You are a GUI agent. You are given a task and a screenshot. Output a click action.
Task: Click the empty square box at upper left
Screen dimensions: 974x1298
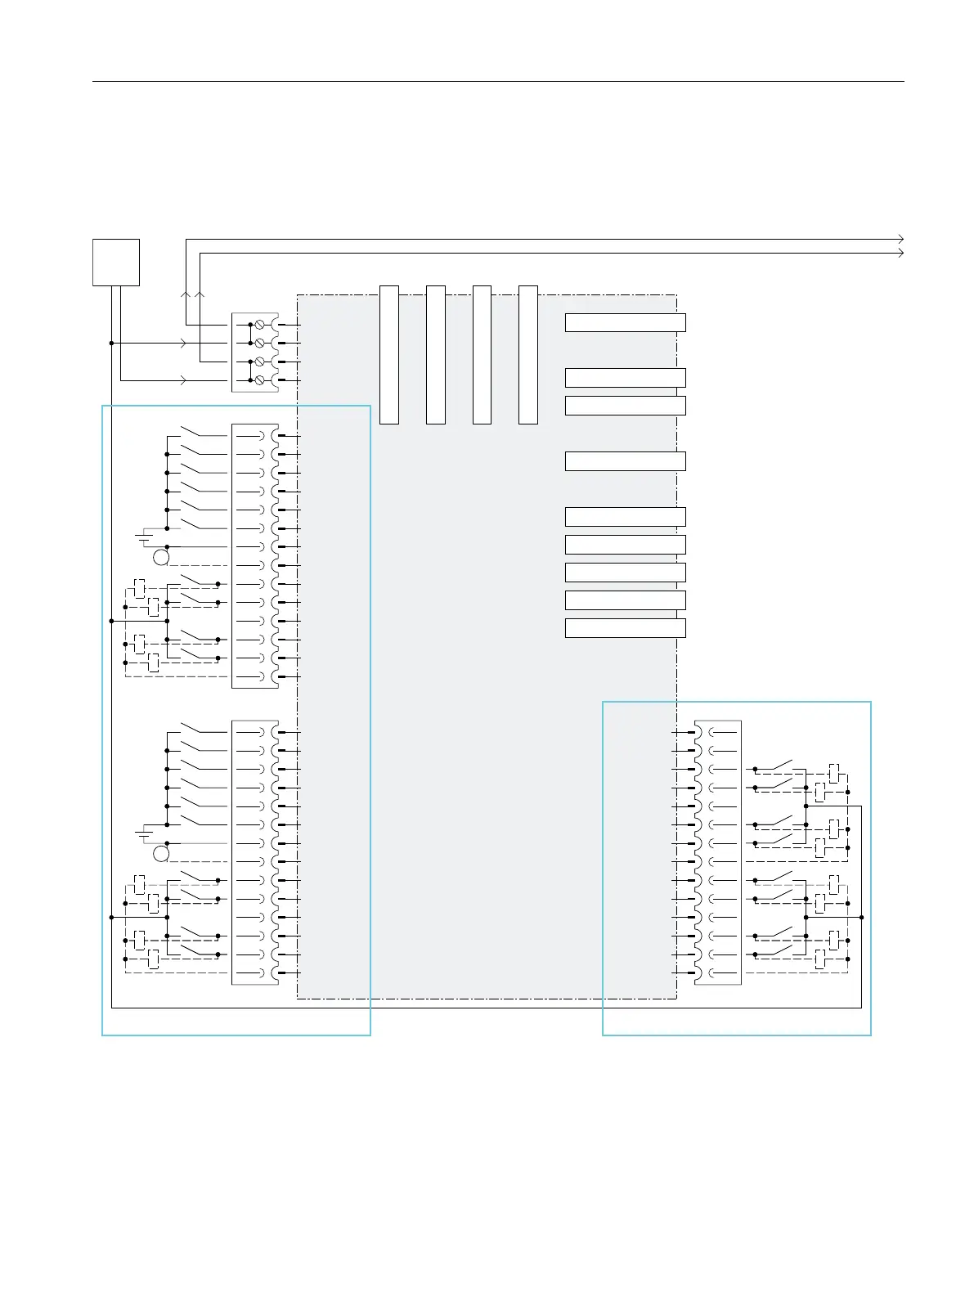116,262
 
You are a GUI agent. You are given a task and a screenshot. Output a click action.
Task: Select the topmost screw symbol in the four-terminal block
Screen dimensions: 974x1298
260,325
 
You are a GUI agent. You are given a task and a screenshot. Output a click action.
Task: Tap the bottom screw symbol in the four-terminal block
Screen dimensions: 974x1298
260,380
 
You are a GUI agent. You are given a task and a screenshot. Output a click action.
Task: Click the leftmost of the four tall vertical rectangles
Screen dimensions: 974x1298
389,355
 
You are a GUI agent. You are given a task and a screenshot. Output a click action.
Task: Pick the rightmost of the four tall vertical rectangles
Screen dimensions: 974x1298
528,355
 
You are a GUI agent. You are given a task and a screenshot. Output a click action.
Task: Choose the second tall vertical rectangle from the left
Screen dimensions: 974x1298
436,355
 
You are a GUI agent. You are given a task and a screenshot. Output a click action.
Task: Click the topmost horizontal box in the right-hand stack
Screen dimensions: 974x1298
625,322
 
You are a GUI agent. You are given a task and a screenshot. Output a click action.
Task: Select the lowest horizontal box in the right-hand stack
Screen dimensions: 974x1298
625,628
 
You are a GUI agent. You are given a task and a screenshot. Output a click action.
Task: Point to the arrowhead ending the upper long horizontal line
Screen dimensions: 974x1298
900,239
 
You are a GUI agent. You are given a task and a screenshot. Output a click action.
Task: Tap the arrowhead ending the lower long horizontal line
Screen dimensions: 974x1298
900,254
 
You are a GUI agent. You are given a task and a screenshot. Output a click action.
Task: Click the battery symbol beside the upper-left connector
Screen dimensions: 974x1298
144,537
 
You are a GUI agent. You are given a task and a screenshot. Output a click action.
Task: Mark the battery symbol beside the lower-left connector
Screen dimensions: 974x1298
144,833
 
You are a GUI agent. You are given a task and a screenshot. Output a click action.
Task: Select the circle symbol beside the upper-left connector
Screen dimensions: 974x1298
161,558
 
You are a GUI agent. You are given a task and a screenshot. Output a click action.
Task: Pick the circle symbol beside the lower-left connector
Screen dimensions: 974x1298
161,854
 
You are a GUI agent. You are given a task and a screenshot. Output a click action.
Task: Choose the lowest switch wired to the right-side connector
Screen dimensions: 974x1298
778,950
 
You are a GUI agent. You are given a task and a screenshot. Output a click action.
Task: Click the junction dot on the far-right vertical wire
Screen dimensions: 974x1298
862,918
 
